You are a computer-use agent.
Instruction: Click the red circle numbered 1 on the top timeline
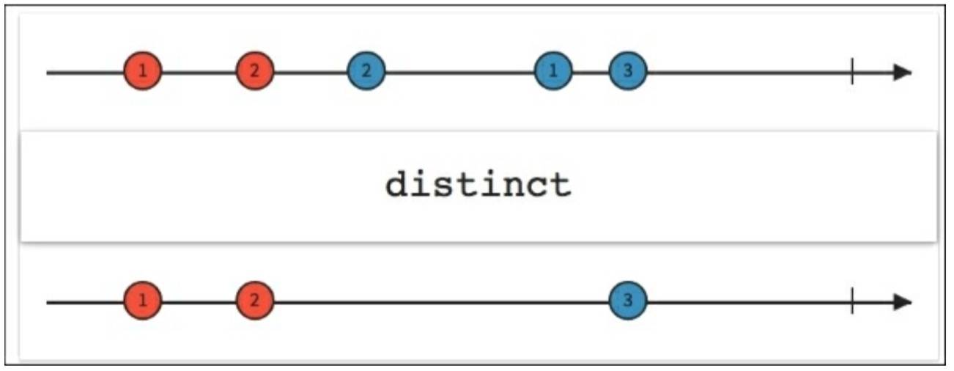pos(143,71)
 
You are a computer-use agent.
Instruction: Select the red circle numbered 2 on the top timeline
pos(255,71)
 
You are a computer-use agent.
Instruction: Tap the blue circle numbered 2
pos(366,71)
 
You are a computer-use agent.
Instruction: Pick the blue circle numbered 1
pos(553,71)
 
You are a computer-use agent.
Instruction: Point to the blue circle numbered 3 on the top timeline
pos(628,71)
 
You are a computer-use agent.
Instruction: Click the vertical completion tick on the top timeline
pos(852,72)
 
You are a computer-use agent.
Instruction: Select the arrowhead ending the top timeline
pos(903,73)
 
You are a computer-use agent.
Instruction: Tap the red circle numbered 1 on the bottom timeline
pos(143,301)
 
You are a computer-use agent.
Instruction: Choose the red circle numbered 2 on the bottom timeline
pos(255,301)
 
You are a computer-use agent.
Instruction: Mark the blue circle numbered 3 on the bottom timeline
pos(628,301)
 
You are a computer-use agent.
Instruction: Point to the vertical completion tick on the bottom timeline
pos(852,301)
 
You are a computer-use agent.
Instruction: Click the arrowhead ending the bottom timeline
pos(903,302)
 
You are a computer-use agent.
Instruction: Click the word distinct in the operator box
pos(478,184)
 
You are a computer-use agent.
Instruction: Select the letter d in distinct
pos(397,184)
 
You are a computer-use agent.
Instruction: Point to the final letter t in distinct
pos(559,185)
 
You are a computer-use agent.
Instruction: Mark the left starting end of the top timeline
pos(48,73)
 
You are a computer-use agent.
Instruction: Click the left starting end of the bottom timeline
pos(48,302)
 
